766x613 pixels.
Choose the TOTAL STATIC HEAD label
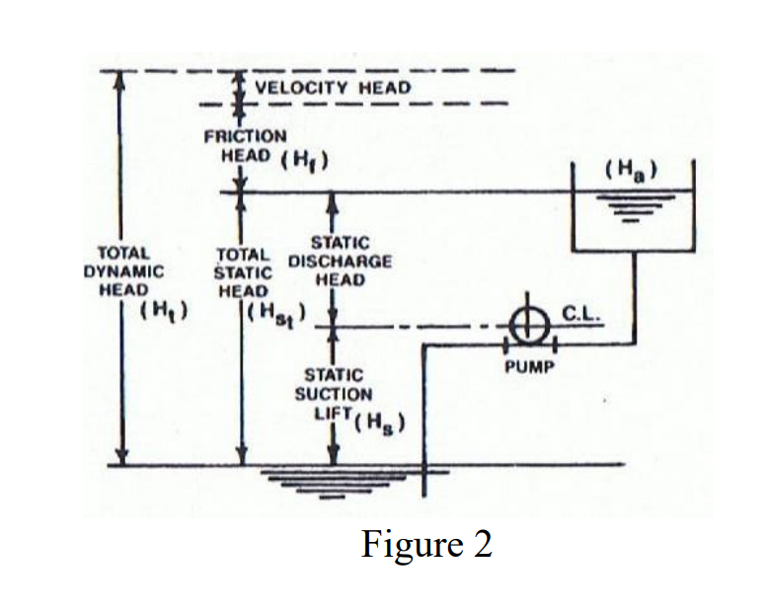point(243,271)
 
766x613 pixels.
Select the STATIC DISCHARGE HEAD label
point(340,262)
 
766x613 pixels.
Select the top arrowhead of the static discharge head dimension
point(333,201)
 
